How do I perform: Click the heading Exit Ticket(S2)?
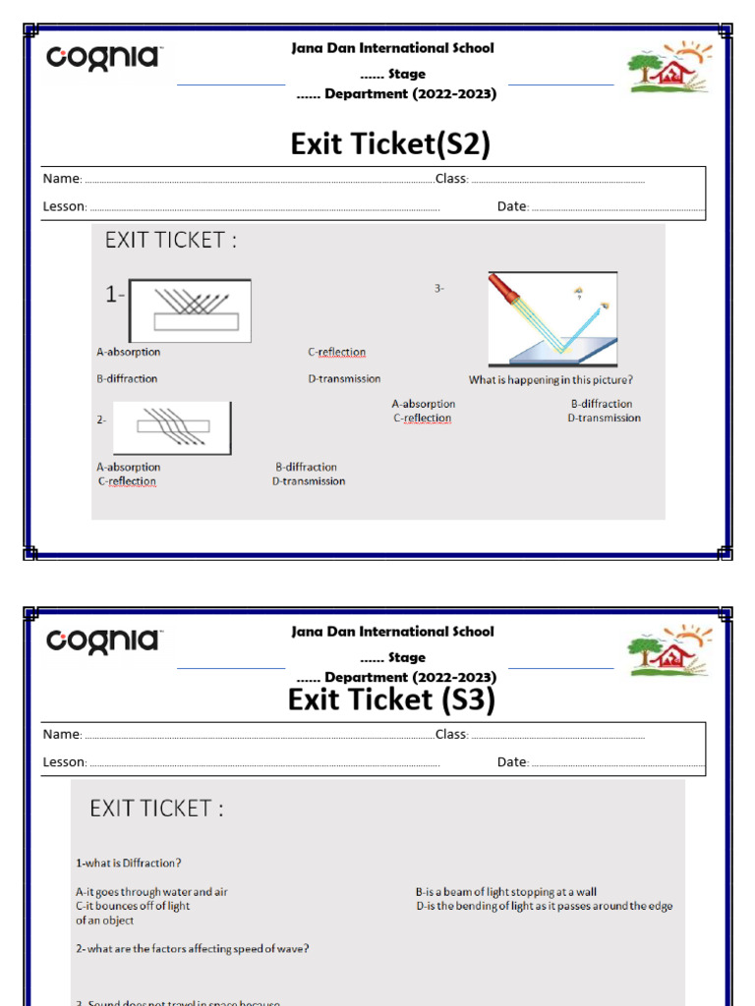pyautogui.click(x=390, y=144)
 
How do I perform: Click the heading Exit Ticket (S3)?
pyautogui.click(x=391, y=699)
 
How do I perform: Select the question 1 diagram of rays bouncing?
pyautogui.click(x=190, y=310)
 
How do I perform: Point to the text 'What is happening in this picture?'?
pyautogui.click(x=551, y=380)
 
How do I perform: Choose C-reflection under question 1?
pyautogui.click(x=336, y=353)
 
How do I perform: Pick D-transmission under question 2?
pyautogui.click(x=309, y=481)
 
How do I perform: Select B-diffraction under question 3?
pyautogui.click(x=602, y=404)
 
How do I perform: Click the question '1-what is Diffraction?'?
pyautogui.click(x=129, y=864)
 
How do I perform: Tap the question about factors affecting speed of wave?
pyautogui.click(x=193, y=949)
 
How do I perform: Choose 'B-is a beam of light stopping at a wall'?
pyautogui.click(x=505, y=892)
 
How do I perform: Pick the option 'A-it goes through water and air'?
pyautogui.click(x=151, y=892)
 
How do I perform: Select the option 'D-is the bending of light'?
pyautogui.click(x=544, y=906)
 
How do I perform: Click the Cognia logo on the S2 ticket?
pyautogui.click(x=103, y=58)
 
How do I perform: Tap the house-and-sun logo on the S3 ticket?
pyautogui.click(x=669, y=650)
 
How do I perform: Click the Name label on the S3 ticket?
pyautogui.click(x=61, y=735)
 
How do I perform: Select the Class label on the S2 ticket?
pyautogui.click(x=451, y=180)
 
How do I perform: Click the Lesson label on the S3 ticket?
pyautogui.click(x=65, y=762)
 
